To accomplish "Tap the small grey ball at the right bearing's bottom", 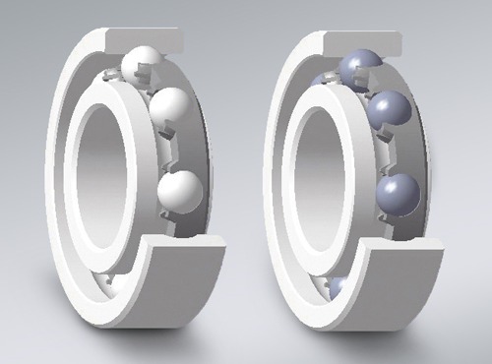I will tap(337, 286).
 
